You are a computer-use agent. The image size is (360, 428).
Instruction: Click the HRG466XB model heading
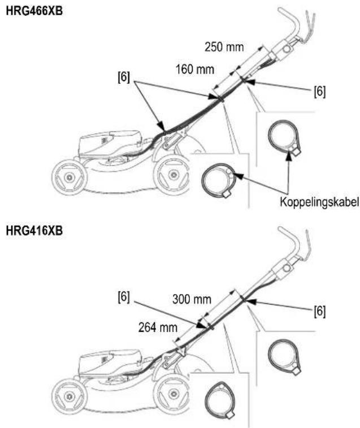(34, 11)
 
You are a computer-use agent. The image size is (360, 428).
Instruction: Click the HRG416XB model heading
(34, 231)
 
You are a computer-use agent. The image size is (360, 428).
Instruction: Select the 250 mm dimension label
(224, 47)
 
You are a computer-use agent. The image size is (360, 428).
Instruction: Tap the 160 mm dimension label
(194, 70)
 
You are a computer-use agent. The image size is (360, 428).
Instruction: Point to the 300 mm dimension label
(192, 300)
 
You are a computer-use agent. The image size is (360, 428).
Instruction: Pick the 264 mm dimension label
(158, 327)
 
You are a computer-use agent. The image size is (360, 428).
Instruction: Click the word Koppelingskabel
(319, 202)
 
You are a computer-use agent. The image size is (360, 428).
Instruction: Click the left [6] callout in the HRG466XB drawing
(124, 77)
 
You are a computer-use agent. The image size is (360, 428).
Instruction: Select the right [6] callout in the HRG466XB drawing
(320, 91)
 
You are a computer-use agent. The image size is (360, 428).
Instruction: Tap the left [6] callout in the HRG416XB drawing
(124, 297)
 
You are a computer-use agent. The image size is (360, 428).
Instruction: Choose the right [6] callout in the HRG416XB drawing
(320, 311)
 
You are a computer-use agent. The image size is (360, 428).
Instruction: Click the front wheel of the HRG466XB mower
(69, 178)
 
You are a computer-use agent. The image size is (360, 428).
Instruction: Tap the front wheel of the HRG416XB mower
(69, 395)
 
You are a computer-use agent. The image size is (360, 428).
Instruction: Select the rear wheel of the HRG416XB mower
(171, 394)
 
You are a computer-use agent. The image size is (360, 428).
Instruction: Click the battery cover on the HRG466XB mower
(109, 143)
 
